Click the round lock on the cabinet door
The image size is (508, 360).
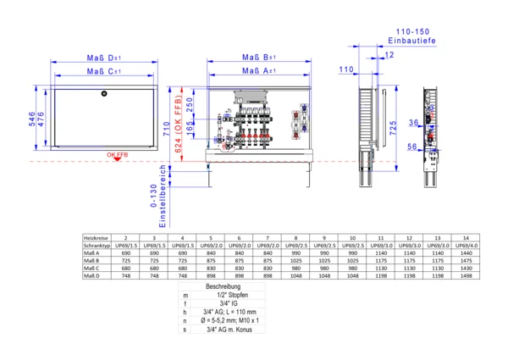(x=103, y=92)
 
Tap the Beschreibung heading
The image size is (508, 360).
(x=224, y=288)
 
